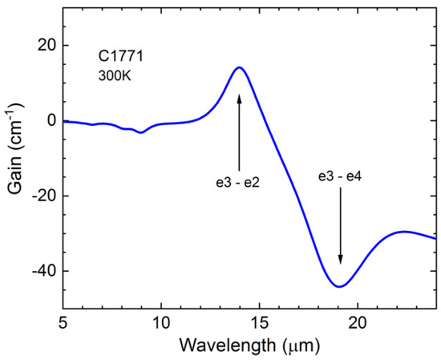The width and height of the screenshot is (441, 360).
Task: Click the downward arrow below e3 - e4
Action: (x=340, y=224)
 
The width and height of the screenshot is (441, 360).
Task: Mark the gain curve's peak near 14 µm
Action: (x=239, y=67)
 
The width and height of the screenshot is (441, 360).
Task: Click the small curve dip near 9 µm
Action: (x=141, y=132)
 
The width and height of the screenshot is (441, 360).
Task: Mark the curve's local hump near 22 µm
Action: (x=404, y=232)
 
